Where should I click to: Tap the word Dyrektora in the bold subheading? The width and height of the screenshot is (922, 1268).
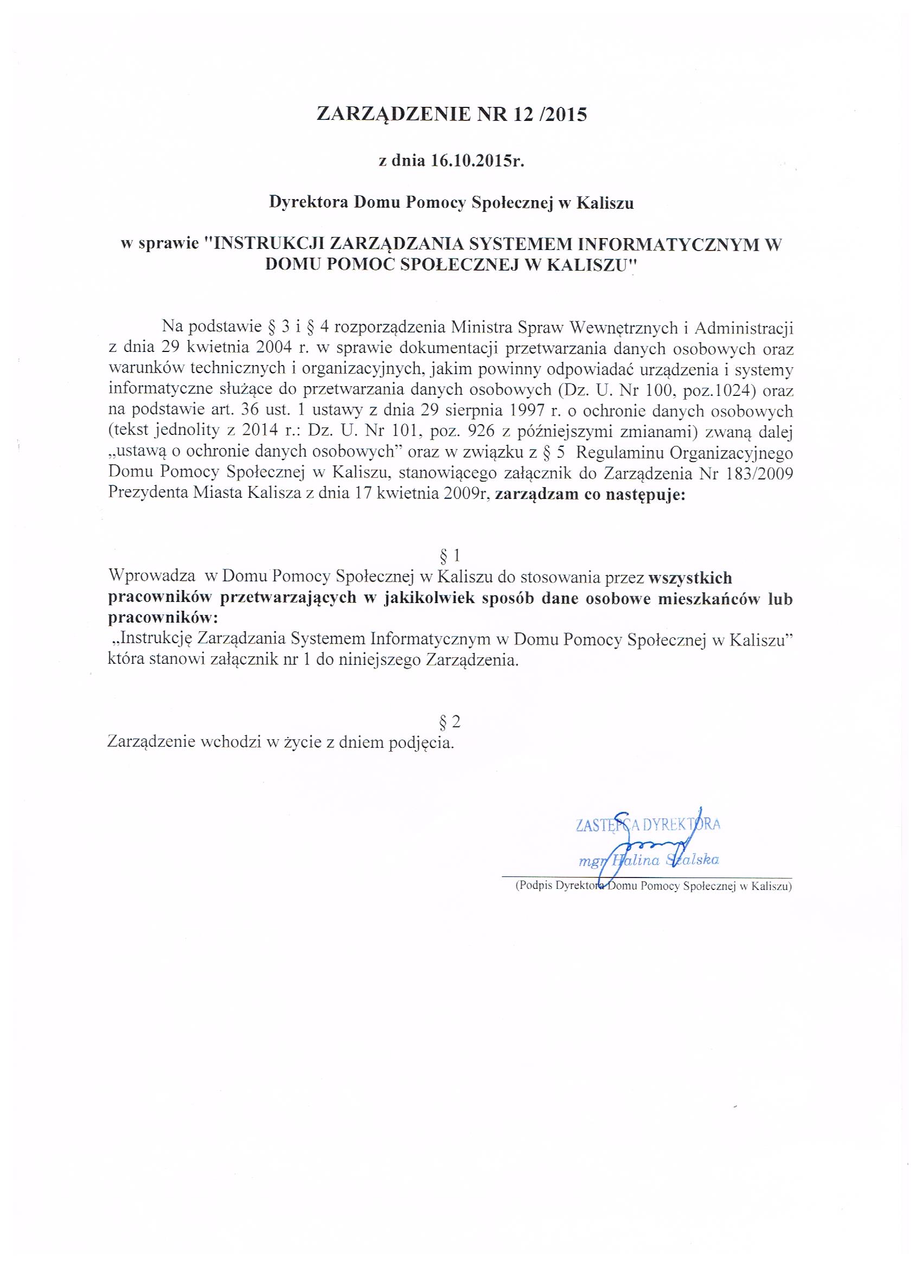pyautogui.click(x=309, y=203)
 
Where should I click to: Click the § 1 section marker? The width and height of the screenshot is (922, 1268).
pyautogui.click(x=450, y=555)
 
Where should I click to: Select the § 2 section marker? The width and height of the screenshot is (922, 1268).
pyautogui.click(x=450, y=722)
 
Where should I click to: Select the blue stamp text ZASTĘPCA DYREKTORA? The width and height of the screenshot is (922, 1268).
pyautogui.click(x=648, y=825)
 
